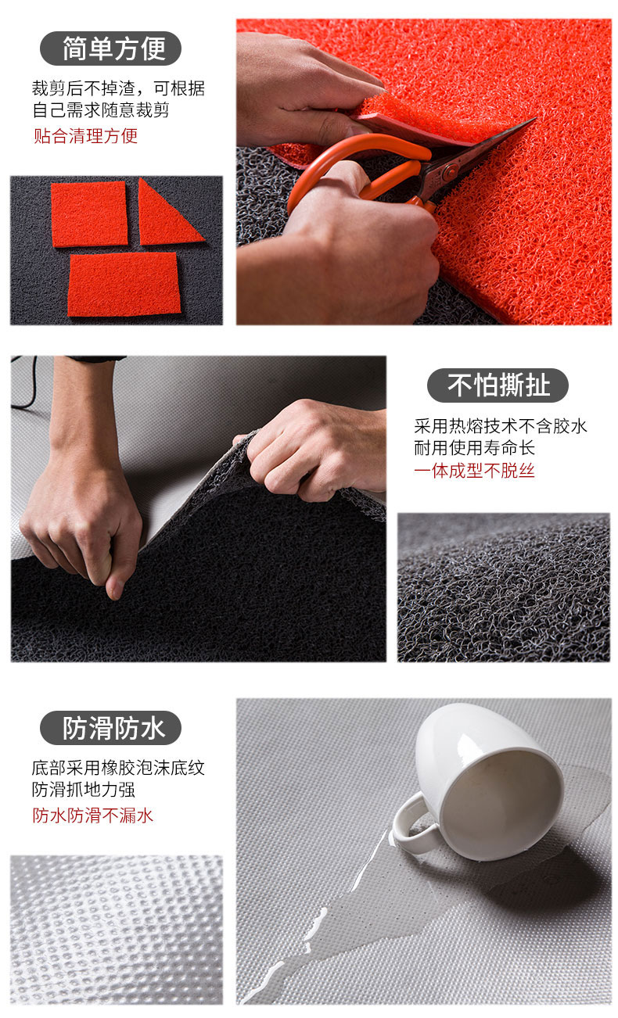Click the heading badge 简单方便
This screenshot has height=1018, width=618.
[x=110, y=48]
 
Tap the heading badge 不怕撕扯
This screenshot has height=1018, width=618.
[x=498, y=385]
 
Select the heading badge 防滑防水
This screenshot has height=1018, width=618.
[x=110, y=728]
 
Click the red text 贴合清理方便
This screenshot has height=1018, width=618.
[x=85, y=136]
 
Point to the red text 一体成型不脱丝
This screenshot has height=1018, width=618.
[x=474, y=471]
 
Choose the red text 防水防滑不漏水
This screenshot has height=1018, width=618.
[x=93, y=815]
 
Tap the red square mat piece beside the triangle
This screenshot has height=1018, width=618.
[x=89, y=214]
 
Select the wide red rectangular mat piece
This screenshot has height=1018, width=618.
[x=124, y=285]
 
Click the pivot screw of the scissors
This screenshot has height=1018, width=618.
[x=450, y=172]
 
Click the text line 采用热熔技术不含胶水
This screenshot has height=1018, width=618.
[x=500, y=426]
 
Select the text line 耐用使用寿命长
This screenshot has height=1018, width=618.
[x=474, y=448]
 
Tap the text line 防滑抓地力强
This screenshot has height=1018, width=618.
[x=84, y=790]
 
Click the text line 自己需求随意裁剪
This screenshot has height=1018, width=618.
[x=101, y=110]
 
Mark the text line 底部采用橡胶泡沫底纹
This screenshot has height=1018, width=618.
[x=118, y=768]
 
